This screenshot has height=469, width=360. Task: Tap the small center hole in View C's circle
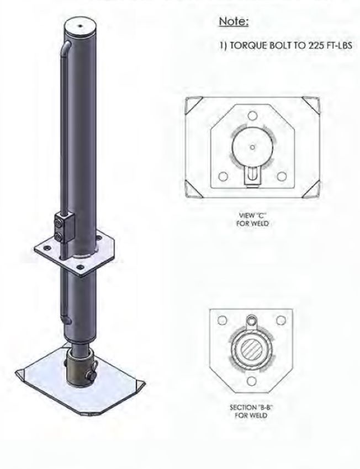tap(252, 147)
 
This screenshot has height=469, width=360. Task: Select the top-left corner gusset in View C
tap(195, 104)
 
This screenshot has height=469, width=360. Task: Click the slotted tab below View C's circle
tap(252, 175)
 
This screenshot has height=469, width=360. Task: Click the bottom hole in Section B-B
tap(251, 381)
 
